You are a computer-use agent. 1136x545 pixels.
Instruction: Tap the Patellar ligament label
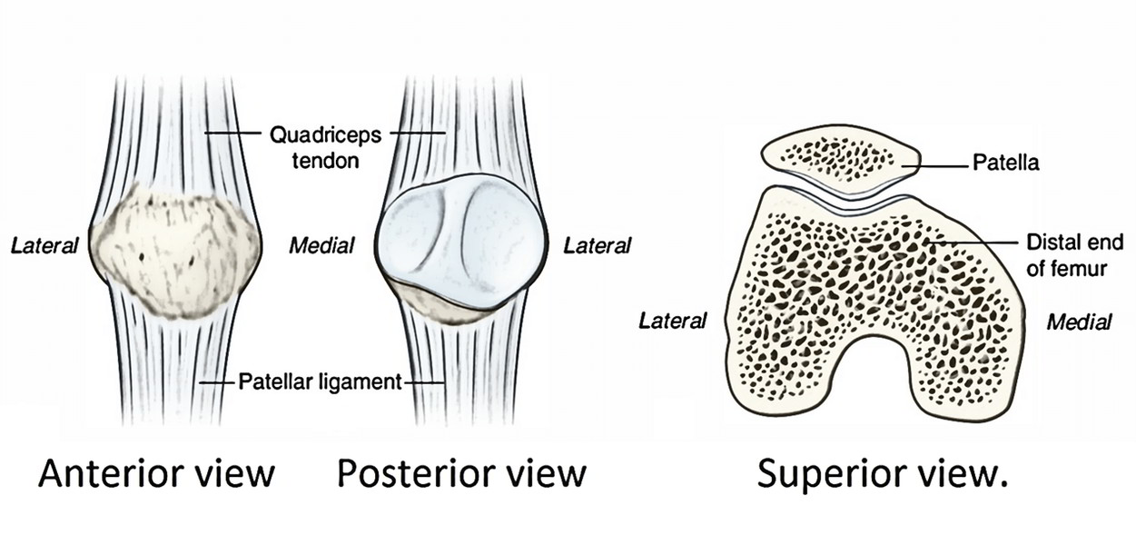coord(320,382)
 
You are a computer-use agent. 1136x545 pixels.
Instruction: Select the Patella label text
coord(1005,164)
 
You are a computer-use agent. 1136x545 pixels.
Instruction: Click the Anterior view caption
coord(156,473)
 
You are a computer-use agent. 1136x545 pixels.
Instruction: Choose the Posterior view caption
coord(461,473)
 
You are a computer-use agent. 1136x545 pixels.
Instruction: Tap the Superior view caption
coord(883,473)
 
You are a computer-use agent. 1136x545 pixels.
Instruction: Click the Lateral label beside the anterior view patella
coord(44,245)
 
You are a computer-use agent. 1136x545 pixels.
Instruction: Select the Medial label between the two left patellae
coord(321,245)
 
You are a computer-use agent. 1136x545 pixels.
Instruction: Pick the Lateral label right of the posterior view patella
coord(597,245)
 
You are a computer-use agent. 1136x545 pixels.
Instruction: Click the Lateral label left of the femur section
coord(673,321)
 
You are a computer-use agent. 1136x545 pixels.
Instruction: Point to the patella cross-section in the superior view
coord(839,160)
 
